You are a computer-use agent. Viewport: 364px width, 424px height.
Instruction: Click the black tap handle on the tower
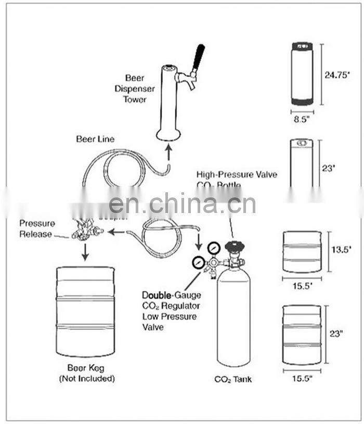pyautogui.click(x=198, y=58)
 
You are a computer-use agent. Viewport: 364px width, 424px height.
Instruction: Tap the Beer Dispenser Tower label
pyautogui.click(x=135, y=88)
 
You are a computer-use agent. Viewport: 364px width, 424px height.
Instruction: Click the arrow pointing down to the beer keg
pyautogui.click(x=85, y=252)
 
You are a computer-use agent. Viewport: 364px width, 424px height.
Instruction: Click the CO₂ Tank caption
pyautogui.click(x=233, y=379)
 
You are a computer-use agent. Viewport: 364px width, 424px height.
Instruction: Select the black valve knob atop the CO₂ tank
pyautogui.click(x=234, y=246)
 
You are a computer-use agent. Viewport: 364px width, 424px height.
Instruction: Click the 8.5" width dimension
pyautogui.click(x=302, y=118)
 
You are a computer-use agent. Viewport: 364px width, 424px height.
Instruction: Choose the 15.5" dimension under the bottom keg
pyautogui.click(x=302, y=379)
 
